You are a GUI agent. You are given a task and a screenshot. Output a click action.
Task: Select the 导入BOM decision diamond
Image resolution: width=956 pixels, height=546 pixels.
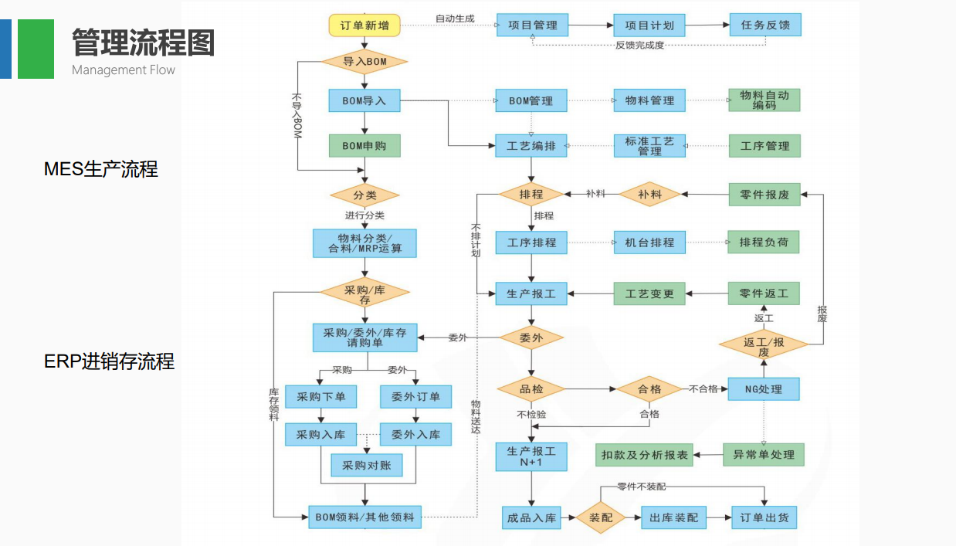pos(364,62)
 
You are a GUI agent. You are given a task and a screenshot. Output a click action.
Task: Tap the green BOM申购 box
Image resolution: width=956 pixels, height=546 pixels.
pos(364,145)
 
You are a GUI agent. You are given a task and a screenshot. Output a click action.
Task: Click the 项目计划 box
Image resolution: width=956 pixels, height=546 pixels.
pos(649,25)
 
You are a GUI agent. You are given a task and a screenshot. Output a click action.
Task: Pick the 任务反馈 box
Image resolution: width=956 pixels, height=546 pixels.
pos(765,25)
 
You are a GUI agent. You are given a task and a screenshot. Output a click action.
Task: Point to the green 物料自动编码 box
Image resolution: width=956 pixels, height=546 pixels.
pos(764,100)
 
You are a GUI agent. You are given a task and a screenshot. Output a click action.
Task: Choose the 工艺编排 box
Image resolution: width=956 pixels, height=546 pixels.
pos(531,146)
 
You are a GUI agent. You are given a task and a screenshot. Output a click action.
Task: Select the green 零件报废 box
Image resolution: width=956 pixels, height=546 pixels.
pos(764,195)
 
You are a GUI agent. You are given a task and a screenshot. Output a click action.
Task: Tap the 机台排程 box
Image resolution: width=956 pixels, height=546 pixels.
pos(649,242)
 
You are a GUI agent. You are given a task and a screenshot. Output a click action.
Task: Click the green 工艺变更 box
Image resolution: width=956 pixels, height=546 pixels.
pos(649,293)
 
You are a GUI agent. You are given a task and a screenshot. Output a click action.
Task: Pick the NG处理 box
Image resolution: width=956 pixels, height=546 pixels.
pos(764,389)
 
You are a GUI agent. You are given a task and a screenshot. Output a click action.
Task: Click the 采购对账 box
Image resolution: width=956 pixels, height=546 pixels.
pos(367,465)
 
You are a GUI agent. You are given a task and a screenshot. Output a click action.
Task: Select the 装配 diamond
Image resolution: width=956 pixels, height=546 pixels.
pos(601,517)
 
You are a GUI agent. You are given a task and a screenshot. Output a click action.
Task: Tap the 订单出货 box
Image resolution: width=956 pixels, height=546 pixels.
pos(764,517)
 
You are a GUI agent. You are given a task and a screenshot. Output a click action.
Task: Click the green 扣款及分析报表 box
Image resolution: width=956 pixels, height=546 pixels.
pos(645,455)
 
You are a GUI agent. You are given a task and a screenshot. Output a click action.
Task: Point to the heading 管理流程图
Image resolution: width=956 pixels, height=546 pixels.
pos(143,42)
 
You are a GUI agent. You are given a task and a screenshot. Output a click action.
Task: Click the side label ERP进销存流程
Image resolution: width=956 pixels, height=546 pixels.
pos(109,361)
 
